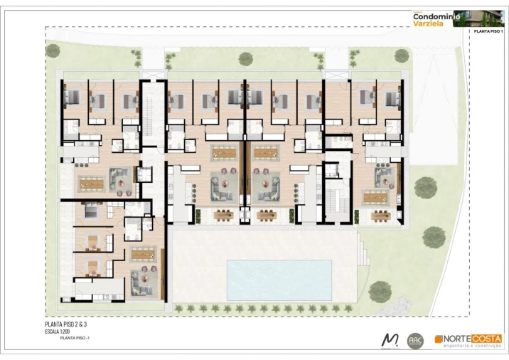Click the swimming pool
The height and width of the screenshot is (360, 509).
pyautogui.click(x=279, y=279)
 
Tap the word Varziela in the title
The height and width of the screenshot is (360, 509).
pyautogui.click(x=430, y=23)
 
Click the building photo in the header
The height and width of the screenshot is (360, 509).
pyautogui.click(x=488, y=18)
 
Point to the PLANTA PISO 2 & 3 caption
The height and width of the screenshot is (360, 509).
pyautogui.click(x=65, y=324)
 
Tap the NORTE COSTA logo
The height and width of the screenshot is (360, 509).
pyautogui.click(x=468, y=339)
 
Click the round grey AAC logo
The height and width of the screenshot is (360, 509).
pyautogui.click(x=416, y=340)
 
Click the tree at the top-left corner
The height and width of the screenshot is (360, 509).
pyautogui.click(x=53, y=51)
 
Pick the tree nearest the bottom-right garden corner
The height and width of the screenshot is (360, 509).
pyautogui.click(x=380, y=290)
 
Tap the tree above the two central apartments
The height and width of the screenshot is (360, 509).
pyautogui.click(x=246, y=58)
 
